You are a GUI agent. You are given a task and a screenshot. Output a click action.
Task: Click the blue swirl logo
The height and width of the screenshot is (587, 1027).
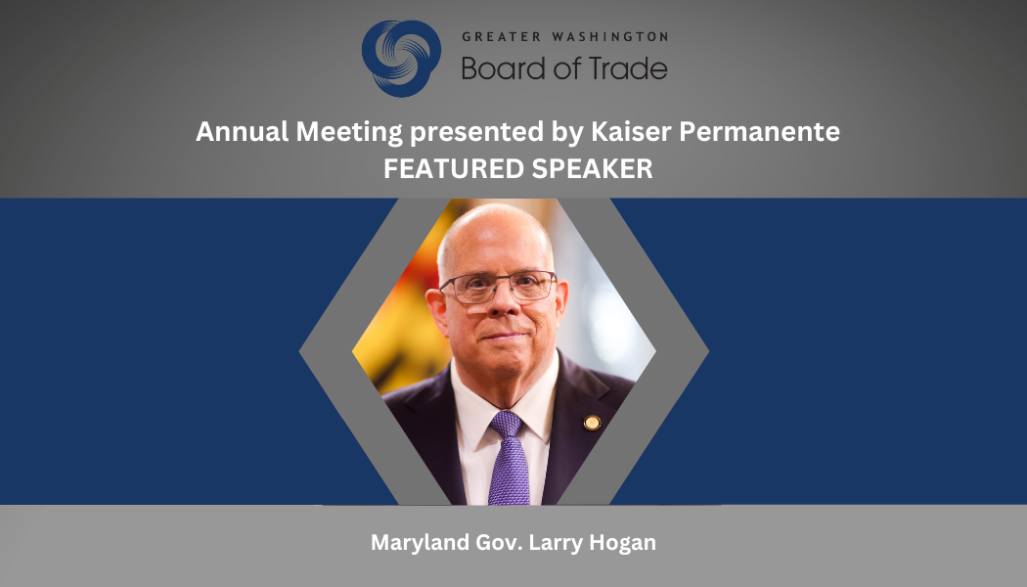401,59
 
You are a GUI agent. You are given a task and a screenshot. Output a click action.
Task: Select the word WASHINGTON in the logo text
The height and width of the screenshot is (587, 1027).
609,37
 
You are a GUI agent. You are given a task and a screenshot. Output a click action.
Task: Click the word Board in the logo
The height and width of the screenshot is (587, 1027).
502,68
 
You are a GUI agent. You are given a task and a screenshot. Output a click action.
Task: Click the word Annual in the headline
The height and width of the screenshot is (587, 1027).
243,132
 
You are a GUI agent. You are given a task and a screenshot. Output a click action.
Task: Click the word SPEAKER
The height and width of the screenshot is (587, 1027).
592,169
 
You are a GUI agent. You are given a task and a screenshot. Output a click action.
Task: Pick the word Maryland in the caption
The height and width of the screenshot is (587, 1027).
420,543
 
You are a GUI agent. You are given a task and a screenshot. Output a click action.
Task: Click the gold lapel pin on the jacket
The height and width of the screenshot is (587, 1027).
592,423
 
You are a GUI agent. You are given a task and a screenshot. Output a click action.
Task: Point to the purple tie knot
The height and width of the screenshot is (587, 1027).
507,424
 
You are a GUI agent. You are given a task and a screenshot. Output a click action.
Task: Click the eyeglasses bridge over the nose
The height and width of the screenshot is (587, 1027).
499,283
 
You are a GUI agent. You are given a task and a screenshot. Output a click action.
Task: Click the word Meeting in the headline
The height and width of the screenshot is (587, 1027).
349,133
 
